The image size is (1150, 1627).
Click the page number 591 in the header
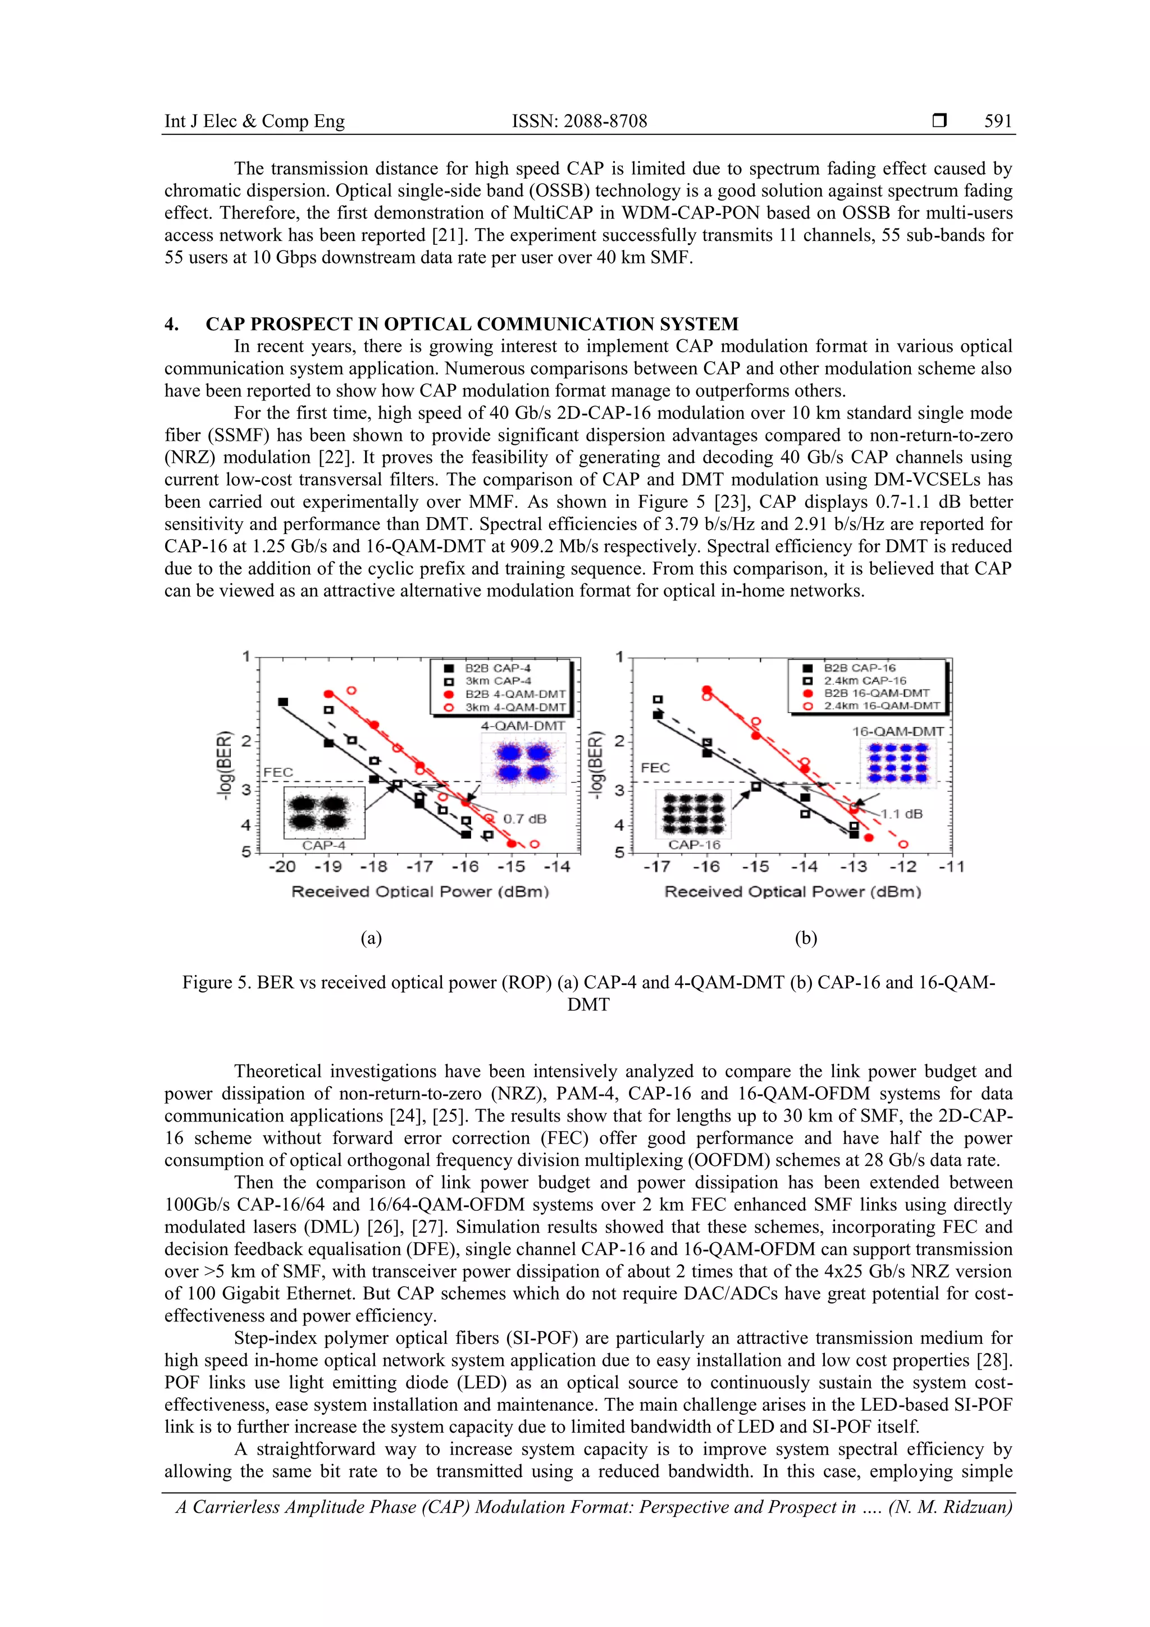click(998, 121)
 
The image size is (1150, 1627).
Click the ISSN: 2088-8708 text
click(579, 121)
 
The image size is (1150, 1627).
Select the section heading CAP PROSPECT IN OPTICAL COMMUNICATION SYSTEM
click(472, 324)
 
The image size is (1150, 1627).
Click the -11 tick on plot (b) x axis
click(951, 867)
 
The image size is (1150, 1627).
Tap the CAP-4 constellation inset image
click(324, 812)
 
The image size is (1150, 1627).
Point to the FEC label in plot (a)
click(278, 772)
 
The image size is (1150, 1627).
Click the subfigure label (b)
click(806, 938)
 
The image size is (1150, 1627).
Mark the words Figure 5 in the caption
click(214, 982)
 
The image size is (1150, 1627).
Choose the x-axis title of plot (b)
click(792, 891)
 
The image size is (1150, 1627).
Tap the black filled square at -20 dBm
click(282, 701)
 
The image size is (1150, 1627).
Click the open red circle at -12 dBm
click(903, 845)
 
